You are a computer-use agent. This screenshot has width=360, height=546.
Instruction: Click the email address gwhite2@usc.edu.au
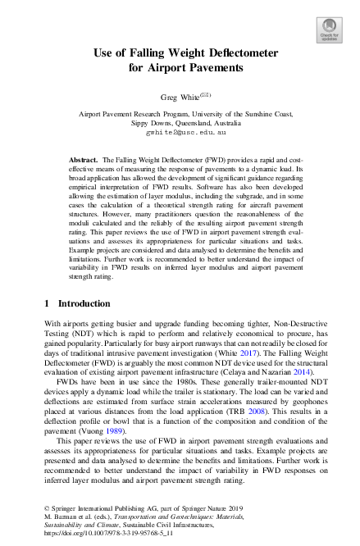(180, 131)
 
